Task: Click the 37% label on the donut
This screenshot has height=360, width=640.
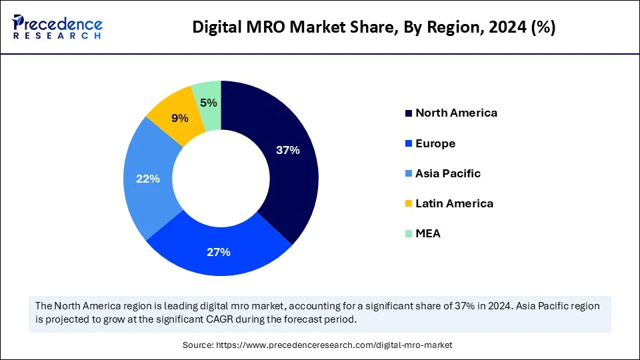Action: [287, 151]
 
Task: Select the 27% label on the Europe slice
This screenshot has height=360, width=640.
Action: [219, 252]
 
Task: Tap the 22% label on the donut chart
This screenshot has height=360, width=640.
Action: [147, 179]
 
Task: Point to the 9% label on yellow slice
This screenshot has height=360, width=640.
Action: [179, 118]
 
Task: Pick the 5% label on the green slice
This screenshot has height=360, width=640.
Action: [209, 103]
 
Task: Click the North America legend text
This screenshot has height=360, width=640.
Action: [456, 113]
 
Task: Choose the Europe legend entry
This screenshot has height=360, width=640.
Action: [435, 143]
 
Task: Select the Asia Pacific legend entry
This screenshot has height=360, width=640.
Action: [447, 173]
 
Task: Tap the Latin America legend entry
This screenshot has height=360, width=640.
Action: [454, 203]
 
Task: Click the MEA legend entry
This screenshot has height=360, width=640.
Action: [428, 233]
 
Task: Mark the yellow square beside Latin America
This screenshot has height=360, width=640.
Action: [408, 204]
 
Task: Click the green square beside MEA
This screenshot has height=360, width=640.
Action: [408, 234]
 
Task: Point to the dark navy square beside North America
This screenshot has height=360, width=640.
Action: [408, 113]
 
